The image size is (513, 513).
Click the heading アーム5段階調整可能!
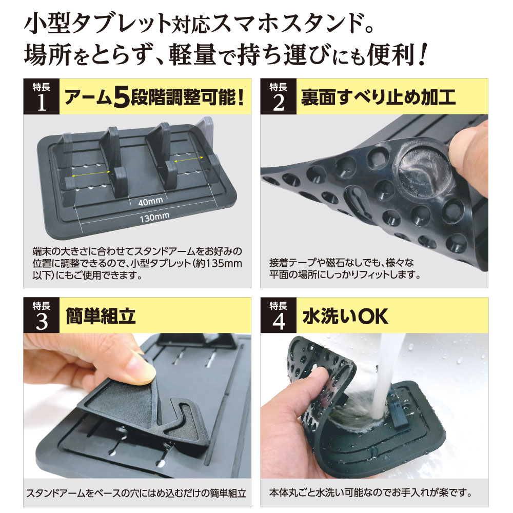pos(152,97)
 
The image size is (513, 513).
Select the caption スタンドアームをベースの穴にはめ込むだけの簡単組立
pos(136,494)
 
